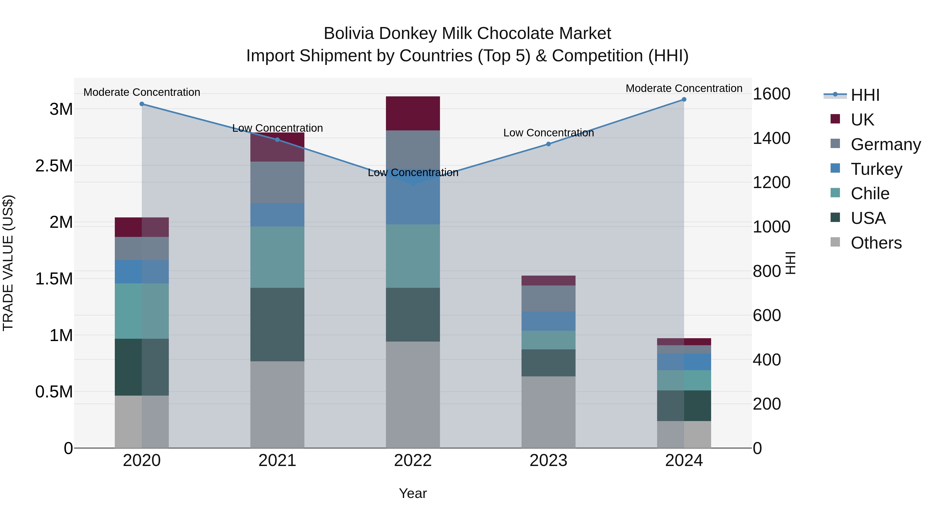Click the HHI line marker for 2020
click(142, 104)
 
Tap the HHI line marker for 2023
click(549, 144)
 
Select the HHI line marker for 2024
click(684, 99)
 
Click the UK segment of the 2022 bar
click(413, 113)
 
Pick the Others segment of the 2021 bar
click(277, 404)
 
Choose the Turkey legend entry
click(876, 169)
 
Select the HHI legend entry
click(865, 95)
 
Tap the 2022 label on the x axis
click(413, 461)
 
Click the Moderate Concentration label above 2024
click(684, 88)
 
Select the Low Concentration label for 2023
click(549, 133)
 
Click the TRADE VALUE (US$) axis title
click(8, 263)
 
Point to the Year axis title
click(413, 493)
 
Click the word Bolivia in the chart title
click(349, 34)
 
